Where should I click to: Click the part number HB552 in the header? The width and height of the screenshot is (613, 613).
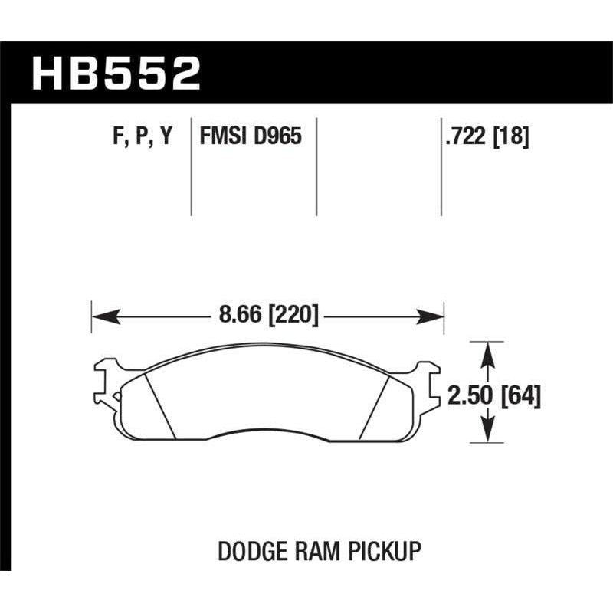[x=116, y=74]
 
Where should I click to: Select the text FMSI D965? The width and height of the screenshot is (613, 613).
[x=250, y=138]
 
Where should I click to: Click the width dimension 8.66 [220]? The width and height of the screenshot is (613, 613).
[x=267, y=315]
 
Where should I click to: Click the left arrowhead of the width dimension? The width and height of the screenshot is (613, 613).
[x=100, y=315]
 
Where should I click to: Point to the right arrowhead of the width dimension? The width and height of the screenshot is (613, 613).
[x=437, y=315]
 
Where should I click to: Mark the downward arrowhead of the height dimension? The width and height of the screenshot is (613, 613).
[x=485, y=436]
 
